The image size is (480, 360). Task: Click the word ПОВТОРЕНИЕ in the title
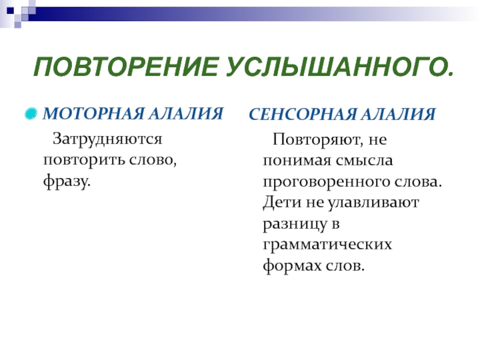click(126, 67)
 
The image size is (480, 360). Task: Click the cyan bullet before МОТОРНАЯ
click(31, 114)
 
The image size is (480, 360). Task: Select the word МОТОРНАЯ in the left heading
click(94, 113)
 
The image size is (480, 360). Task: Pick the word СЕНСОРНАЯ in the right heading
click(302, 115)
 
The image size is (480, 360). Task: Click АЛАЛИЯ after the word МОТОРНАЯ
click(185, 113)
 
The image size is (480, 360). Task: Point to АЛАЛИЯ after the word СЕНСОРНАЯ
click(397, 115)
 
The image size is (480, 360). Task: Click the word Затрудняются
click(107, 140)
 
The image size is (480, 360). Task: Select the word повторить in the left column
click(83, 160)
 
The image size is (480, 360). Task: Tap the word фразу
click(67, 181)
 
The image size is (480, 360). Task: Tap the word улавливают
click(373, 203)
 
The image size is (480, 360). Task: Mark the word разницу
click(295, 224)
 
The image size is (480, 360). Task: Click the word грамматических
click(327, 245)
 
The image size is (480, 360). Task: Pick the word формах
click(292, 265)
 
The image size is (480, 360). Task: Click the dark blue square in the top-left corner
click(10, 11)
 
